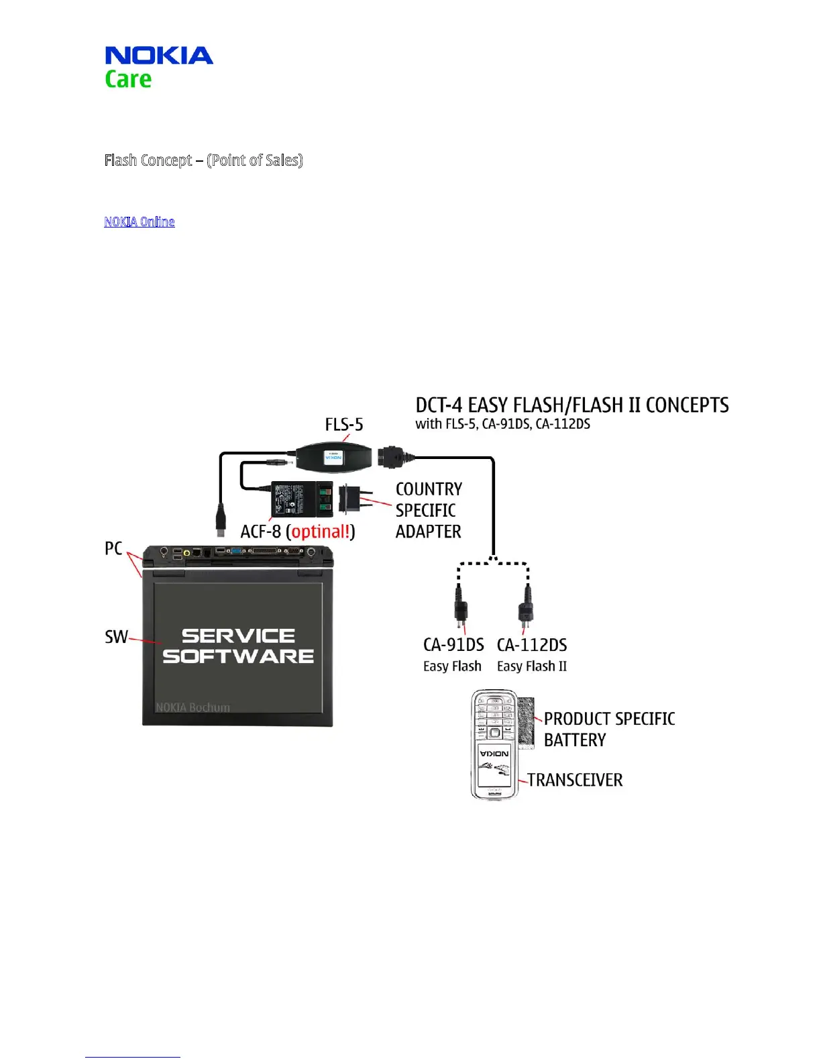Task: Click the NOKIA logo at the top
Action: click(x=159, y=55)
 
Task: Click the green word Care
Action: click(x=128, y=79)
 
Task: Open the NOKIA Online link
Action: click(x=140, y=221)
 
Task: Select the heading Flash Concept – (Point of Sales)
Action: click(x=203, y=160)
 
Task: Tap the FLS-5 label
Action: click(x=344, y=425)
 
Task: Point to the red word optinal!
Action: click(x=321, y=531)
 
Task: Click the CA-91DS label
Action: click(x=453, y=645)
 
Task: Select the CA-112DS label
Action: click(x=532, y=645)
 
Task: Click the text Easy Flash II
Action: click(x=532, y=666)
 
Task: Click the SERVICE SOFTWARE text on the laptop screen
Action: click(x=238, y=646)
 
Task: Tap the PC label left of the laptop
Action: click(x=113, y=548)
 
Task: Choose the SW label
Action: click(x=116, y=637)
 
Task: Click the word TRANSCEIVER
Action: click(x=575, y=780)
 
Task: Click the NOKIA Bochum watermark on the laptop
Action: click(x=193, y=707)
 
